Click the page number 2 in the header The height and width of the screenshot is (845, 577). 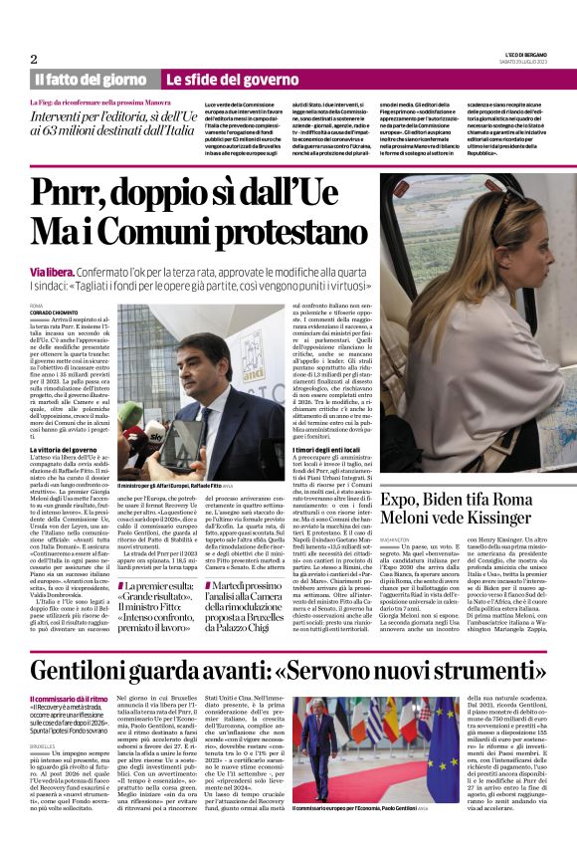pos(34,59)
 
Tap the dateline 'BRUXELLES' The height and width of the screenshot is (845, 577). pos(44,743)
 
